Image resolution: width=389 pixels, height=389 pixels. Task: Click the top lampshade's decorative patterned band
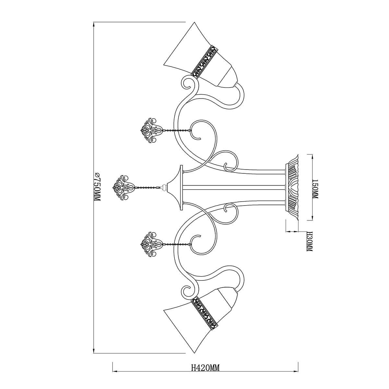(x=204, y=62)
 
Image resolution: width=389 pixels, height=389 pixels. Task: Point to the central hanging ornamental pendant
(x=123, y=188)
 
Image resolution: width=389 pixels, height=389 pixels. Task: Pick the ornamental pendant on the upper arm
(x=151, y=130)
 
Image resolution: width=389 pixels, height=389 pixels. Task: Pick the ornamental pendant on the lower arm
(x=151, y=245)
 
